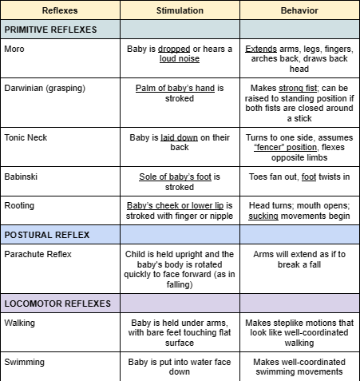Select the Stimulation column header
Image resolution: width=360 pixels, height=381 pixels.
pos(180,11)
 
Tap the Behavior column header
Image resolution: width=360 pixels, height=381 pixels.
pos(299,11)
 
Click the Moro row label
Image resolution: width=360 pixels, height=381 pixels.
pos(14,48)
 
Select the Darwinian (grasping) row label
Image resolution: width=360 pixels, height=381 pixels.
pos(45,87)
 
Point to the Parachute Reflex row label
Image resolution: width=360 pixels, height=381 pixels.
pos(38,254)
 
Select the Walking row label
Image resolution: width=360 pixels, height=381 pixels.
pos(20,323)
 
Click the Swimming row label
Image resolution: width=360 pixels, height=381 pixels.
pos(25,362)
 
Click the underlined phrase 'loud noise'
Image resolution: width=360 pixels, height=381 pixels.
pos(180,58)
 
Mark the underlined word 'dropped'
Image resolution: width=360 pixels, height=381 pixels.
pos(175,48)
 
